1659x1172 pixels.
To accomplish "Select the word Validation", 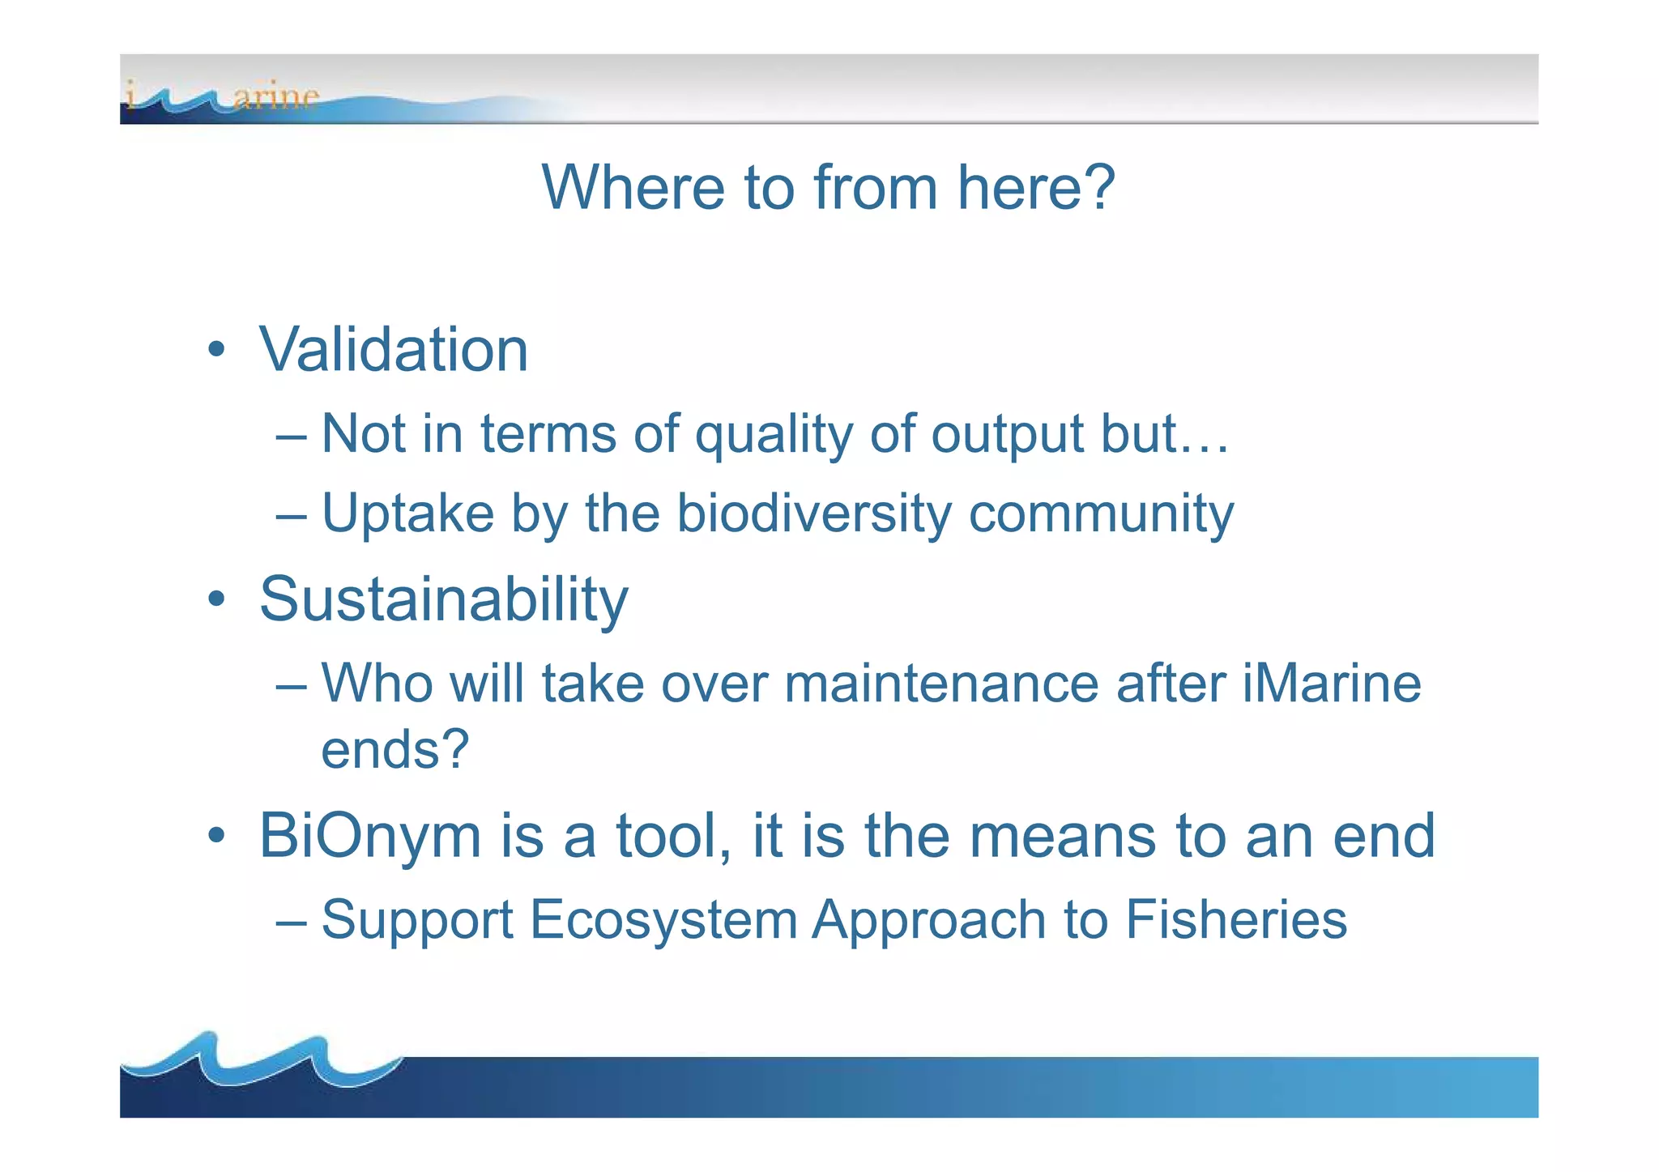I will [x=394, y=350].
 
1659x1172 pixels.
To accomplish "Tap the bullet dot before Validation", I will [x=215, y=350].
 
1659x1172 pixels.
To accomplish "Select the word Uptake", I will [x=407, y=514].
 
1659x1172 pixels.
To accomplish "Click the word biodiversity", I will [x=814, y=514].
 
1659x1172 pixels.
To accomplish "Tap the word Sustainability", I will [x=443, y=599].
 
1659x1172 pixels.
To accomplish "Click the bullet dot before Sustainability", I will [x=215, y=600].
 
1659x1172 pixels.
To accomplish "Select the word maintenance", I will [x=941, y=684].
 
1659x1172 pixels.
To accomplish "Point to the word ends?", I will [x=394, y=749].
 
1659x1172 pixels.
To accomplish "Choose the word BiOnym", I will [x=370, y=836].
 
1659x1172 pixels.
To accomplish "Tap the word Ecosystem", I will [x=663, y=920].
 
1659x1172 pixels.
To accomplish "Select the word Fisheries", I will [x=1236, y=920].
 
